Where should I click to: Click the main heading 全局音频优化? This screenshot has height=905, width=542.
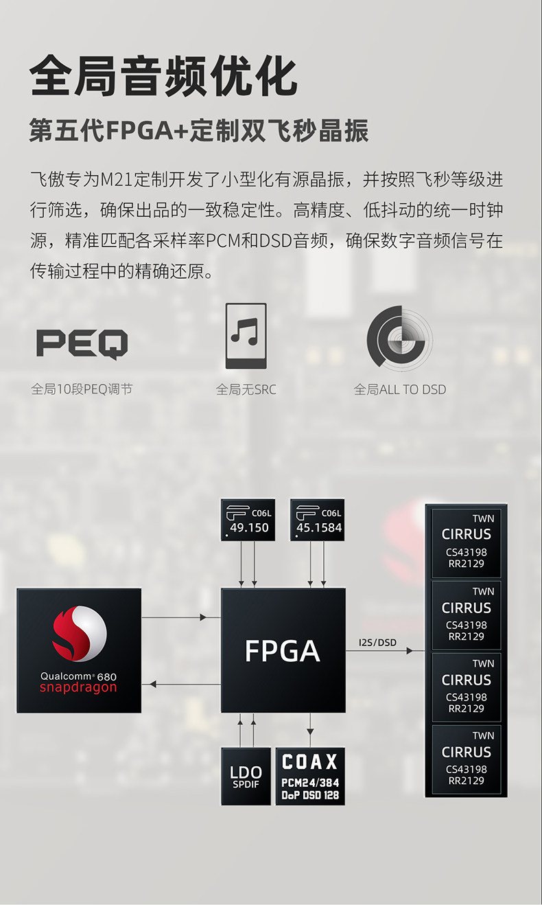pos(163,76)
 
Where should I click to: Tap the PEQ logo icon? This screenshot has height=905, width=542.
pos(82,344)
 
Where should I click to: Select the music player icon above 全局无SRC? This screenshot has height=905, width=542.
pos(246,336)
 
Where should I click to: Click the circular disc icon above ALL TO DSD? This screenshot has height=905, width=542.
pos(399,336)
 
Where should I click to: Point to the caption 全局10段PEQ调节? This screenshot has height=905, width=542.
pos(82,389)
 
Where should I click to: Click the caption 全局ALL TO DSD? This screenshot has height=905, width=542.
pos(399,389)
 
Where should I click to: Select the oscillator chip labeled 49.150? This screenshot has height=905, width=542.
pos(248,520)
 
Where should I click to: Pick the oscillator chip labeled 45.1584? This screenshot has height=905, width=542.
pos(318,520)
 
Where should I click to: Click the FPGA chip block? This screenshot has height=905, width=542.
pos(283,650)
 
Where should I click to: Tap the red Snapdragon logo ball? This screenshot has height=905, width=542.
pos(79,632)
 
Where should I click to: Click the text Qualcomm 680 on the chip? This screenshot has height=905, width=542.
pos(78,676)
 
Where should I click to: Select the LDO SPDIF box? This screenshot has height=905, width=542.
pos(246,777)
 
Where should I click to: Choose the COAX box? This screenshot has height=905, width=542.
pos(310,777)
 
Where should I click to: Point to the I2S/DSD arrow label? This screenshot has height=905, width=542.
pos(377,643)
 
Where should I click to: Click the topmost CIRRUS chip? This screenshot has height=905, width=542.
pos(467,542)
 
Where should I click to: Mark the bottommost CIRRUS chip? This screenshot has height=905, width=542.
pos(467,759)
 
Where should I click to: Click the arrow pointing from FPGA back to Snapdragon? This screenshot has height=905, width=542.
pos(181,684)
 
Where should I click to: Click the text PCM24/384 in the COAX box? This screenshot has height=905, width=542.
pos(310,783)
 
